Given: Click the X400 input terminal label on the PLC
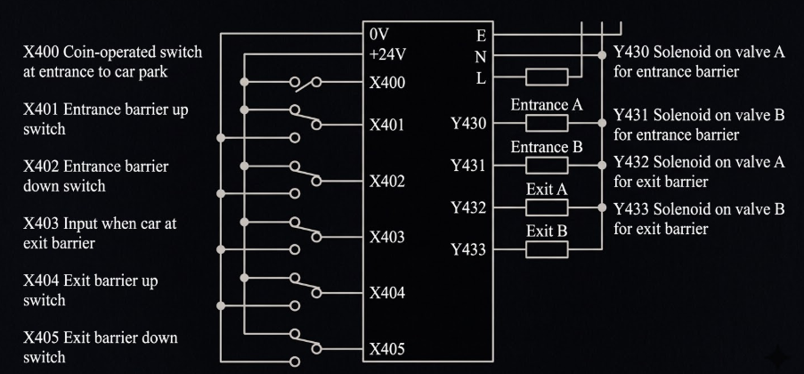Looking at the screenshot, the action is [x=387, y=83].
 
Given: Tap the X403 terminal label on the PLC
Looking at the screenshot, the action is [x=387, y=237].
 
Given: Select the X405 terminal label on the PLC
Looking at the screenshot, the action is [x=387, y=349].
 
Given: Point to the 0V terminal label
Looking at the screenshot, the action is [x=379, y=35].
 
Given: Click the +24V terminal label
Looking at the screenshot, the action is [x=387, y=54].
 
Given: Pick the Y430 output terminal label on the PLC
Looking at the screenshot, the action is [x=468, y=124].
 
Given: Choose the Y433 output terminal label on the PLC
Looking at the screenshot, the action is [x=468, y=250].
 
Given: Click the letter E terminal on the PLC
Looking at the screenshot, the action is [x=481, y=36].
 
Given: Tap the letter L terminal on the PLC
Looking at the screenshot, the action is [x=481, y=78].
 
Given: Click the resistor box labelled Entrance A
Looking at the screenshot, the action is [x=547, y=123].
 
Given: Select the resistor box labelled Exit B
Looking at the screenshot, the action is [x=547, y=249].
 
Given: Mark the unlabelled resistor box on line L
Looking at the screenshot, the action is [x=547, y=77].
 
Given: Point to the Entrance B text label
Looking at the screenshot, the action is [x=547, y=148].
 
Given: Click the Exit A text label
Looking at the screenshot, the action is [x=547, y=190].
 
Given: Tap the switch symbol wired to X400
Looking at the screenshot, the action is [x=305, y=83].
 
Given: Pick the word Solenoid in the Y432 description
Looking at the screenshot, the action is [x=679, y=162].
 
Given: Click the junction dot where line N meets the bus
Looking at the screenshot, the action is [x=602, y=55].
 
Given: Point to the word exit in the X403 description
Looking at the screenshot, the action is [x=37, y=243].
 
